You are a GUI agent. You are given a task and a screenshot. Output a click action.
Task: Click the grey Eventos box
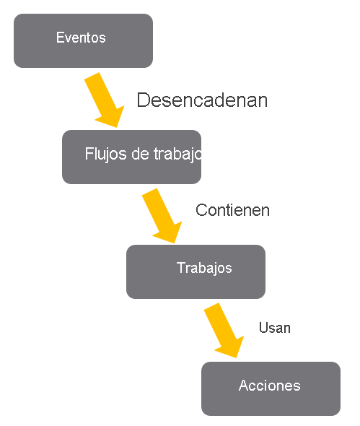(x=83, y=40)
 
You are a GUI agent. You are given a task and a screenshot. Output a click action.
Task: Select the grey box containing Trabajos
(x=196, y=271)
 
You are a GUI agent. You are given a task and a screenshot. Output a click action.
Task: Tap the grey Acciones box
(x=271, y=388)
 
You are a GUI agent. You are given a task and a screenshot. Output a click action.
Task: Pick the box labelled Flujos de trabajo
(x=131, y=157)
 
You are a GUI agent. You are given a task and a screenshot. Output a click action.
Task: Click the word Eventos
(x=81, y=38)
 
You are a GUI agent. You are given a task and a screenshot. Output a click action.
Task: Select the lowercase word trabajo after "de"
(x=176, y=155)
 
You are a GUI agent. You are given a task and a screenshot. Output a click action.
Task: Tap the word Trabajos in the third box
(x=204, y=268)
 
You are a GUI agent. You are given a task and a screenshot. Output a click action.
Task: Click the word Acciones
(x=269, y=386)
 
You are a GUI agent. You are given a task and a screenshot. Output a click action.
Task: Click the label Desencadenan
(x=202, y=100)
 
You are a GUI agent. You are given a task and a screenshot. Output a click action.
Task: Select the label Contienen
(x=232, y=210)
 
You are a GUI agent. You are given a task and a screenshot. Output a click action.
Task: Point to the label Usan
(x=274, y=328)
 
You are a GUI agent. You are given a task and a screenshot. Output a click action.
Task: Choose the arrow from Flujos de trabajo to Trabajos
(x=163, y=216)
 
